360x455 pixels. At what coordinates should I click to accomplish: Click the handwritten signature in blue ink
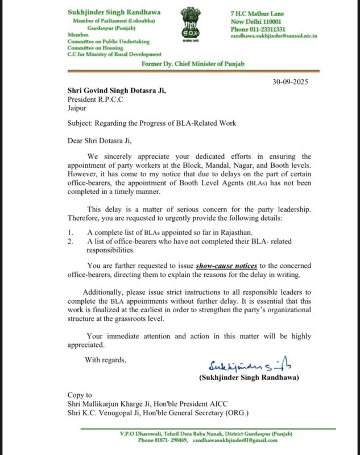[247, 365]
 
